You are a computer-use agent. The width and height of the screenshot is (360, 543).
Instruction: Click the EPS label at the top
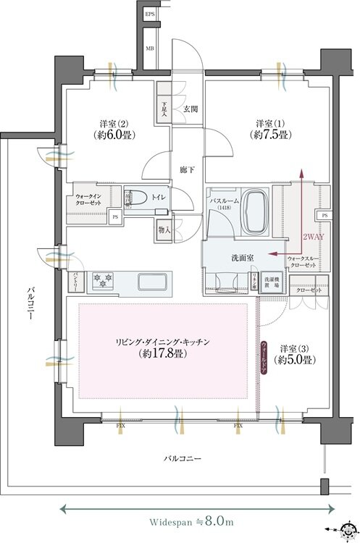[x=150, y=14]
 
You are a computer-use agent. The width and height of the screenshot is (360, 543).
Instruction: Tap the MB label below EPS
[x=150, y=49]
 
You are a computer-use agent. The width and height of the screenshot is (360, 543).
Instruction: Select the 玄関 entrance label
[x=191, y=109]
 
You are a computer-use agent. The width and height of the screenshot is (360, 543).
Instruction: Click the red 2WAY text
[x=311, y=237]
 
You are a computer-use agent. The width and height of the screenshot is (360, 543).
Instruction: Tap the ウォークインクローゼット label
[x=89, y=200]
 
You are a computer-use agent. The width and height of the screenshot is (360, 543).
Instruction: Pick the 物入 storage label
[x=164, y=230]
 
